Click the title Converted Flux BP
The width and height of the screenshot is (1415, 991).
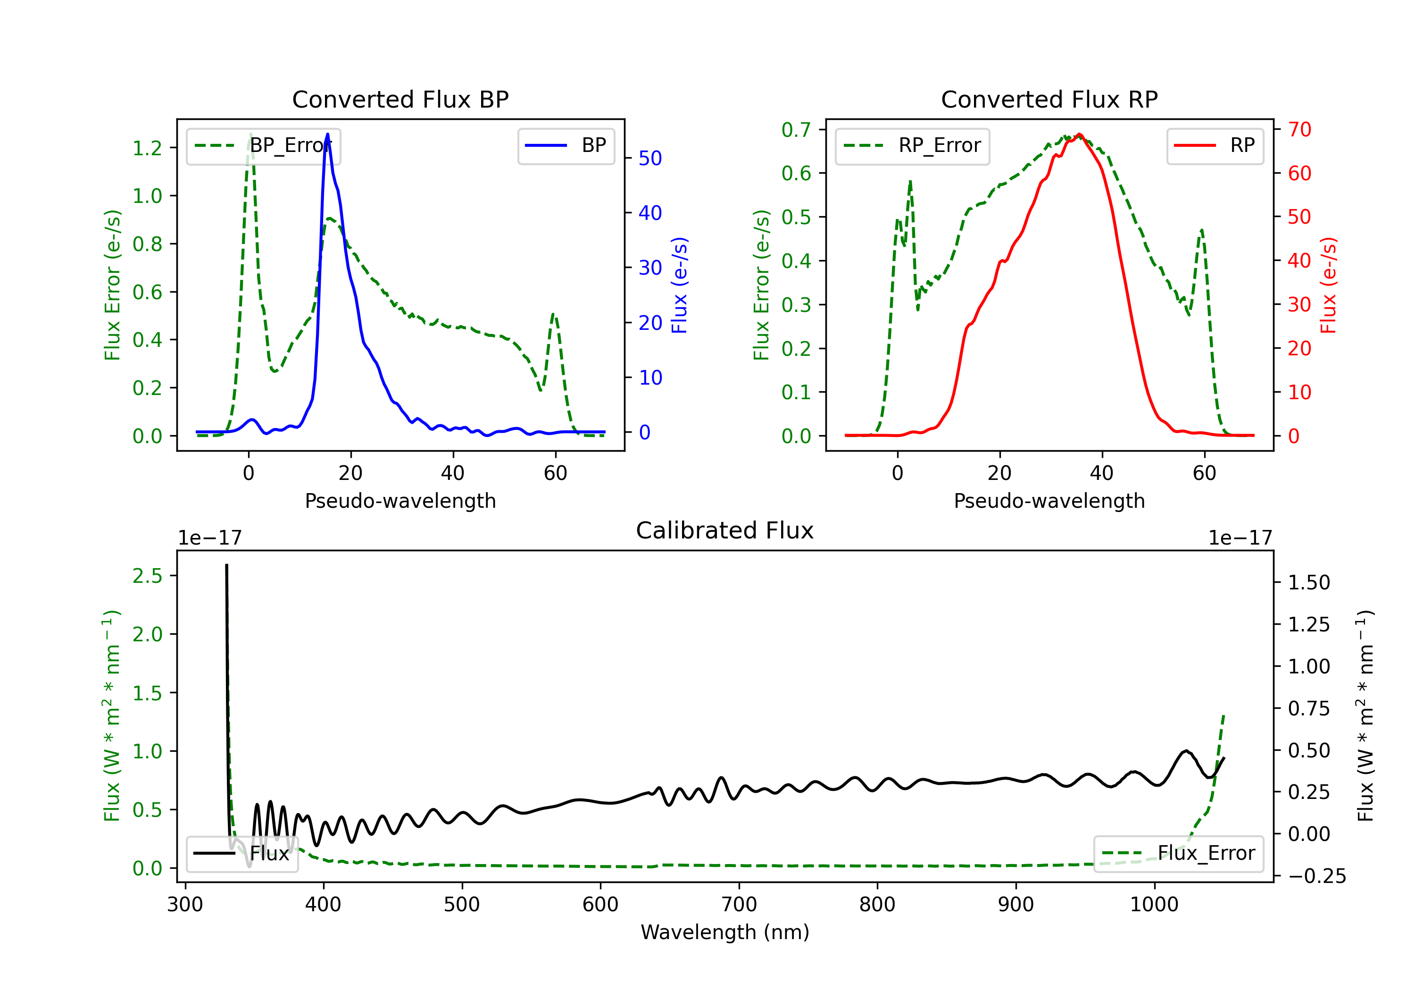click(x=400, y=99)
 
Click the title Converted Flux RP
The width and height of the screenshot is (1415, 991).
click(x=1049, y=99)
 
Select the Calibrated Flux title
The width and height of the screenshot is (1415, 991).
click(x=725, y=530)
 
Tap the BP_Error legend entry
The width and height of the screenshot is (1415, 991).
click(x=263, y=145)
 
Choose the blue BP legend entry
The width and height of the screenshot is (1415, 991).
click(x=566, y=145)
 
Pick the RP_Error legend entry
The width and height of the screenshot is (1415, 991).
click(x=912, y=145)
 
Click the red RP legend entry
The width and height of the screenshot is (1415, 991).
click(x=1215, y=145)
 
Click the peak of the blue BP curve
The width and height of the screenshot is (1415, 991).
click(x=327, y=134)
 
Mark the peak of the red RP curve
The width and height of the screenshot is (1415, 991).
click(x=1079, y=134)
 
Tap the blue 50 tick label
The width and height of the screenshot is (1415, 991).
click(x=650, y=159)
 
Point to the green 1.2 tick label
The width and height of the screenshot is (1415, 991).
click(x=147, y=148)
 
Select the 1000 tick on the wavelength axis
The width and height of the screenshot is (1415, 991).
click(x=1154, y=905)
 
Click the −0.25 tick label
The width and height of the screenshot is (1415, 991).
click(x=1317, y=876)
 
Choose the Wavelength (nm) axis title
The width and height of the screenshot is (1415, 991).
click(x=725, y=932)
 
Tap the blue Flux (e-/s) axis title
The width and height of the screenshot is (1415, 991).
click(x=679, y=285)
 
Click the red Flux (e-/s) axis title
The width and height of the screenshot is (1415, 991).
click(x=1328, y=285)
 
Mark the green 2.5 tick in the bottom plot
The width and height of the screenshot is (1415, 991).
click(x=147, y=576)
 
